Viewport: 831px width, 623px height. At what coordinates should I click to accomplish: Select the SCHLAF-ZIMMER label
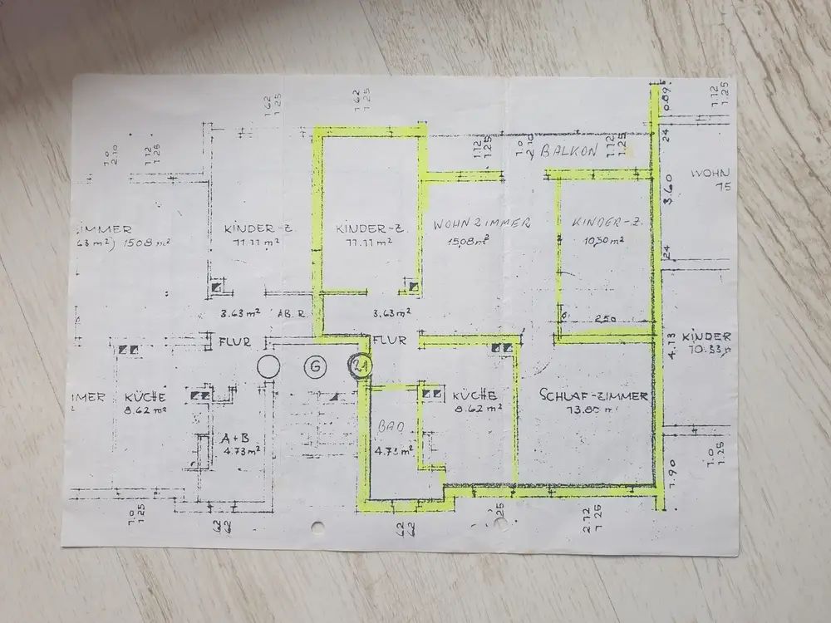point(593,396)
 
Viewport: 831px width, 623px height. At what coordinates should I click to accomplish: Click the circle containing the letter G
point(315,366)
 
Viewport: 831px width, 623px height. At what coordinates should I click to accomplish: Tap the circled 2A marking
point(361,366)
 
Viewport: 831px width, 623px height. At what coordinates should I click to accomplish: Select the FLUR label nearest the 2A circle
point(389,341)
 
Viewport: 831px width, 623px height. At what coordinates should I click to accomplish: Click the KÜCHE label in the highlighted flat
point(476,395)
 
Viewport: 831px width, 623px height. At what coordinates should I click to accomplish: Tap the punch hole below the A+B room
point(319,527)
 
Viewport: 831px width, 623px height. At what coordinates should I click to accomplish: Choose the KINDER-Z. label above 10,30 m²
point(597,223)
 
